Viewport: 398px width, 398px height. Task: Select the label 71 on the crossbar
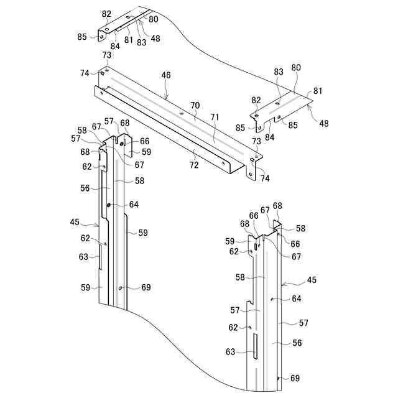point(214,116)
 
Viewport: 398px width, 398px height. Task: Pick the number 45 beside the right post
point(312,280)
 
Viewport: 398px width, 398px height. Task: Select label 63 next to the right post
point(231,352)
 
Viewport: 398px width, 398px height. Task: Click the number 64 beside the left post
point(134,205)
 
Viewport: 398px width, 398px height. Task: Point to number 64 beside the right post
point(297,298)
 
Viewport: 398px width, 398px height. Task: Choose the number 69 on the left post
point(146,287)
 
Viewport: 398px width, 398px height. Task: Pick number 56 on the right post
point(297,343)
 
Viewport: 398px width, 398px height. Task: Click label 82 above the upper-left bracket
point(106,13)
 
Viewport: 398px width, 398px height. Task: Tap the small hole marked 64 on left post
point(109,205)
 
